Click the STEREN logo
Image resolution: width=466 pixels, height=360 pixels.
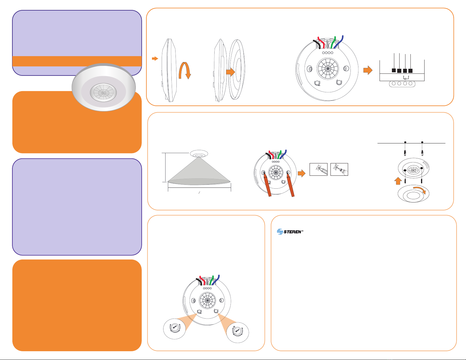click(290, 232)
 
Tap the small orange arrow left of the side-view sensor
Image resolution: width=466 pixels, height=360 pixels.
click(155, 58)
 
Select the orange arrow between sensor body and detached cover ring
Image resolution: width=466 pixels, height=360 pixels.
click(231, 72)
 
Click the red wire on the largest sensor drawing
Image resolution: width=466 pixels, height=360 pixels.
click(321, 42)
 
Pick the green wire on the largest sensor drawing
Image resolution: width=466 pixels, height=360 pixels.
click(333, 42)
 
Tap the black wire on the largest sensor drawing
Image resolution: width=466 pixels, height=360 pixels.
click(317, 44)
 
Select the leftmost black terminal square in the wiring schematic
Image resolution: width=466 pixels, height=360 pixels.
click(394, 70)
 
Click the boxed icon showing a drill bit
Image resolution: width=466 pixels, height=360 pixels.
click(339, 169)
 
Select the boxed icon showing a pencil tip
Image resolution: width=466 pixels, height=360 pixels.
click(318, 169)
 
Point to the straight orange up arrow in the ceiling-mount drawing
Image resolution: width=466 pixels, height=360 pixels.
click(398, 181)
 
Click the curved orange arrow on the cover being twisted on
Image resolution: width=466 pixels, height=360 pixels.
click(420, 190)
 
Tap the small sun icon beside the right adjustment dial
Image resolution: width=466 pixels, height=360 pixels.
click(235, 327)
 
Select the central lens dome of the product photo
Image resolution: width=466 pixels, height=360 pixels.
click(103, 93)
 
